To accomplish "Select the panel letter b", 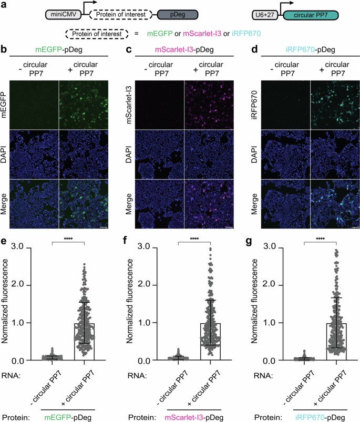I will pos(4,50).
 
